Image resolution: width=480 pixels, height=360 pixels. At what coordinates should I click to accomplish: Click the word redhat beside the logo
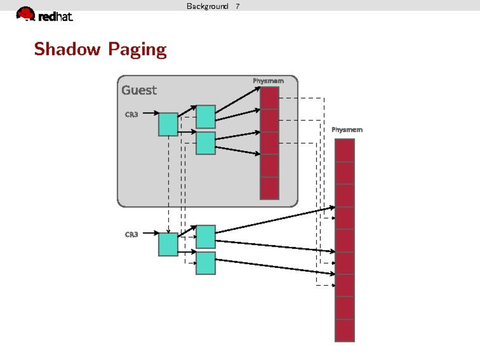coord(55,17)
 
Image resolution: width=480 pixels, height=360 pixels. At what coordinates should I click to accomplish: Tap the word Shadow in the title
coord(67,49)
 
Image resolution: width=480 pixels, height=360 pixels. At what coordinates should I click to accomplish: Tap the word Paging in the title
coord(137,50)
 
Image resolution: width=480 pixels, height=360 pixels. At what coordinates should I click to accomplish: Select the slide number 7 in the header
coord(237,6)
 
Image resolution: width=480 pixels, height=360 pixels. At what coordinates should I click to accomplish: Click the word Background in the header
coord(207,6)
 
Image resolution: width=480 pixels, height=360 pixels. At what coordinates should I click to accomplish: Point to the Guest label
coord(139,90)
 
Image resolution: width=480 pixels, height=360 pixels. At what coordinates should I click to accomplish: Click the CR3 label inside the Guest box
coord(131,114)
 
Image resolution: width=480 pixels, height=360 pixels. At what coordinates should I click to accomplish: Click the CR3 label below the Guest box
coord(131,234)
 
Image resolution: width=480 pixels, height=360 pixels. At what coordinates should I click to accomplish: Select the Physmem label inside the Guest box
coord(268,81)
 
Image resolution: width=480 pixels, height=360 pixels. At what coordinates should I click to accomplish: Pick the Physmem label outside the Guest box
coord(347,130)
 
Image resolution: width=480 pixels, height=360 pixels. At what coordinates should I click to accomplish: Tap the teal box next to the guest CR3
coord(168,124)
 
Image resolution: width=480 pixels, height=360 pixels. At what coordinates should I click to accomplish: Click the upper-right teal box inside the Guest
coord(206,117)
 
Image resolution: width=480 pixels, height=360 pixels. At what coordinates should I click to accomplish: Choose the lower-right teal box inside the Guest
coord(206,143)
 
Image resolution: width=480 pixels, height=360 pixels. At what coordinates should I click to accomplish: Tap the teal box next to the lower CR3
coord(168,244)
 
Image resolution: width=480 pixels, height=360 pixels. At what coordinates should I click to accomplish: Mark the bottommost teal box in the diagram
coord(206,263)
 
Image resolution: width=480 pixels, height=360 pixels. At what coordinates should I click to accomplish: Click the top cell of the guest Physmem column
coord(270,98)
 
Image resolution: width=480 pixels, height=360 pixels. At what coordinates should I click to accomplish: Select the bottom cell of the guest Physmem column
coord(270,188)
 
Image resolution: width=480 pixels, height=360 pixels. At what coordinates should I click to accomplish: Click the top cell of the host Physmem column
coord(345,150)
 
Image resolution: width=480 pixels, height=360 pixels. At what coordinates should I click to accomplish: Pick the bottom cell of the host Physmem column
coord(345,330)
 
